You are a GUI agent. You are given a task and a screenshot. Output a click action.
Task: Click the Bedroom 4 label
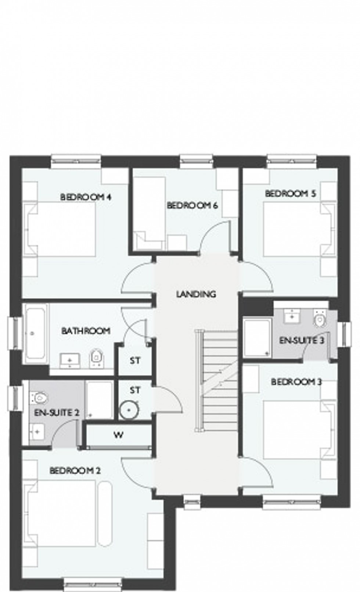(86, 197)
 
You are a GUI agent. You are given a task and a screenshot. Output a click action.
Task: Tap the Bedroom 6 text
(192, 205)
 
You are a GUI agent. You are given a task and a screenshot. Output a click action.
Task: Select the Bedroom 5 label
(290, 193)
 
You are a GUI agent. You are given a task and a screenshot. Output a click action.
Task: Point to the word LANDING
(196, 294)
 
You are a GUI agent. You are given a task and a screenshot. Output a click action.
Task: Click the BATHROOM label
(86, 331)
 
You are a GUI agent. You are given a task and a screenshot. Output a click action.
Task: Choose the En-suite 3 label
(302, 340)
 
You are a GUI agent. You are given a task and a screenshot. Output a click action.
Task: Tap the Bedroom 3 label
(296, 382)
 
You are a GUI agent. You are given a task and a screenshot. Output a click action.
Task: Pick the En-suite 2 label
(57, 412)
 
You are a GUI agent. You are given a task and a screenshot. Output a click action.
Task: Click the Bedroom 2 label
(75, 470)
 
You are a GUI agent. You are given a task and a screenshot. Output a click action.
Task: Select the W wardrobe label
(118, 435)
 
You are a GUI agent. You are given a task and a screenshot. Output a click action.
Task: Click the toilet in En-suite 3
(320, 318)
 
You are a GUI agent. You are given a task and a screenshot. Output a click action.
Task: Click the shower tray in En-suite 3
(257, 338)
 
